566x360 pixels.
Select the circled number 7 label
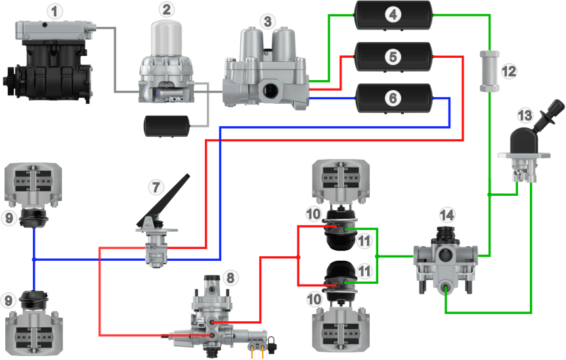[x=155, y=187]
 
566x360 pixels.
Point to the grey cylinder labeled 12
[x=489, y=70]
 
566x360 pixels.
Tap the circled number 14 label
[x=447, y=214]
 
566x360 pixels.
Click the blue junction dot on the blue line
[x=33, y=259]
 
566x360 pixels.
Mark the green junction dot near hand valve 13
[x=490, y=194]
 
